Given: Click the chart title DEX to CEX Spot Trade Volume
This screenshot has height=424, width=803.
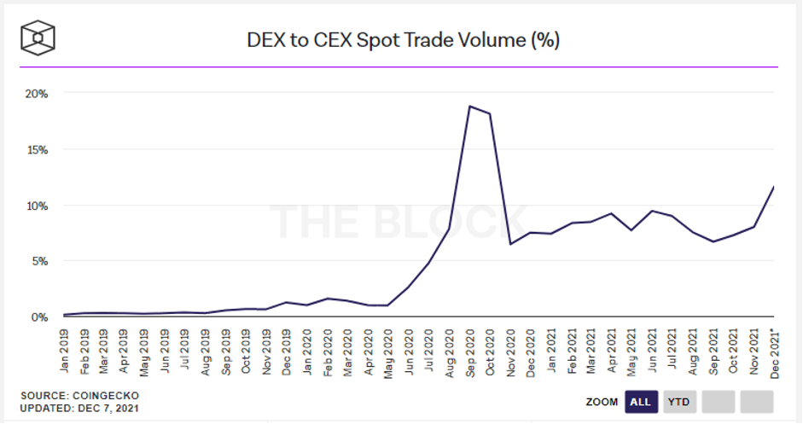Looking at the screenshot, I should coord(403,39).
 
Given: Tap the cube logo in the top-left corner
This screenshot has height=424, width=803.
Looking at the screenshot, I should coord(38,38).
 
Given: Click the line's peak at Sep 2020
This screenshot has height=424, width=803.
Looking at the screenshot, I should coord(469,106).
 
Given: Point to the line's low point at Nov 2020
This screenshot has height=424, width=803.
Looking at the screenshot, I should coord(510,244).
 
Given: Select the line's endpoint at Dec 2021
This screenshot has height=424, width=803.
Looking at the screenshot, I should coord(773,187).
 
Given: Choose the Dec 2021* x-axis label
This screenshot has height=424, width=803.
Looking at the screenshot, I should coord(774,349).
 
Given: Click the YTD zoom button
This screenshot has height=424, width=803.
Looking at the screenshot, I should coord(679,401).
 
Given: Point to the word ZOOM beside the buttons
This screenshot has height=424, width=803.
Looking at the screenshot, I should coord(602,401).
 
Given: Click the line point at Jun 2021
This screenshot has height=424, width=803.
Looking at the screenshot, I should coord(652,211).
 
